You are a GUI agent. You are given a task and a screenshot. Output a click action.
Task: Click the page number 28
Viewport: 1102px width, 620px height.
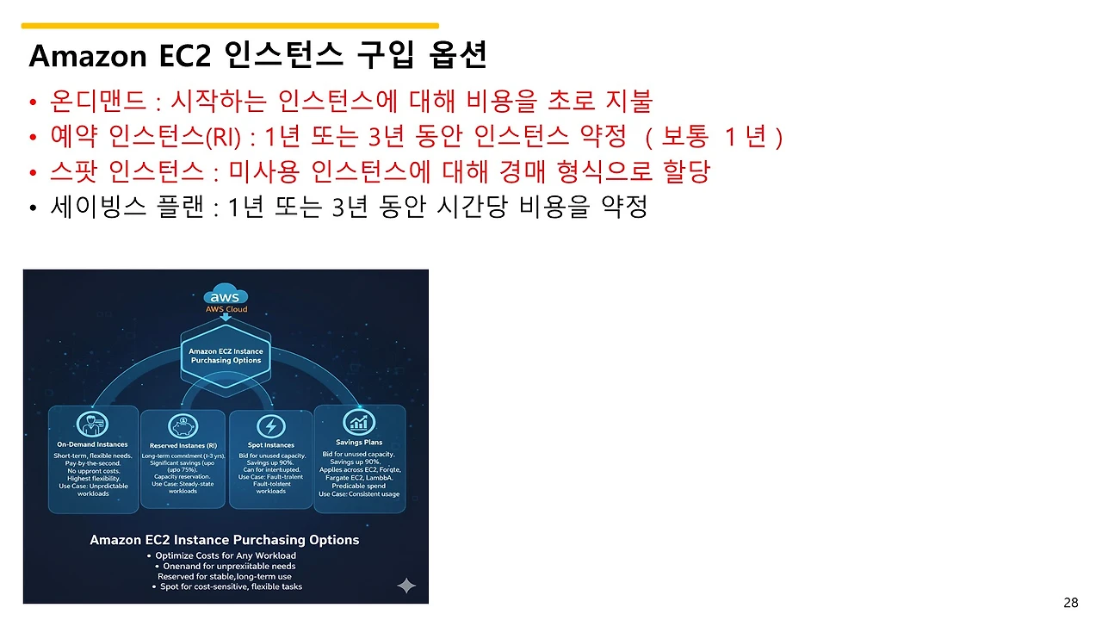coord(1070,602)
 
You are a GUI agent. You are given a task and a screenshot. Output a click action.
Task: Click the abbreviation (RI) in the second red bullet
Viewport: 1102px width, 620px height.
coord(219,137)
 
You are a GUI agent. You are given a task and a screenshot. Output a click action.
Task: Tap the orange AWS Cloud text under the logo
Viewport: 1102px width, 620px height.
coord(226,309)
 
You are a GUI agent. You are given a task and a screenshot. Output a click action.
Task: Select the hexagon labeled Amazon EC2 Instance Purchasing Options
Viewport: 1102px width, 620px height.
coord(226,356)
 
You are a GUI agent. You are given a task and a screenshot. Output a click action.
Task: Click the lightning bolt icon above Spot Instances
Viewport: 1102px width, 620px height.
coord(271,425)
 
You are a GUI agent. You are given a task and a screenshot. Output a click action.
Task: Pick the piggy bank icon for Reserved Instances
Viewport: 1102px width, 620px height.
coord(182,425)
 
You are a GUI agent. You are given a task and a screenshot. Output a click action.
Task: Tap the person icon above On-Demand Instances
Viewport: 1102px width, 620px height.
coord(92,425)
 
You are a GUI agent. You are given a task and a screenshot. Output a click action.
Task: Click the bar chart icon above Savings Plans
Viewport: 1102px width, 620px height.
coord(359,422)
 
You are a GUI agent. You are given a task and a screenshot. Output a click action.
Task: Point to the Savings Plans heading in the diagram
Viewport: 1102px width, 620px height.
coord(359,443)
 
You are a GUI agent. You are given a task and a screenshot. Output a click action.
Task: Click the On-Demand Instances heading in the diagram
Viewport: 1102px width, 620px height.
coord(92,445)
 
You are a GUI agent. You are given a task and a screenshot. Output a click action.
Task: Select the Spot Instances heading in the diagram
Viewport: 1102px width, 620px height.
coord(271,445)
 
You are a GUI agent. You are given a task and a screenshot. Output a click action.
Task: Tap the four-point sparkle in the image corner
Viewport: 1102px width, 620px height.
coord(406,586)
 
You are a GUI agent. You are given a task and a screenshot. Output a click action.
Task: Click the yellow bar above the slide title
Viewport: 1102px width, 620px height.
coord(230,26)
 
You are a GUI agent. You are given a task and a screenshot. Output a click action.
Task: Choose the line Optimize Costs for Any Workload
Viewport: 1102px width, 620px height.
coord(226,555)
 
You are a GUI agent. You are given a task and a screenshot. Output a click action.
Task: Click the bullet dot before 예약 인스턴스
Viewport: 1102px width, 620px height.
coord(33,138)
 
